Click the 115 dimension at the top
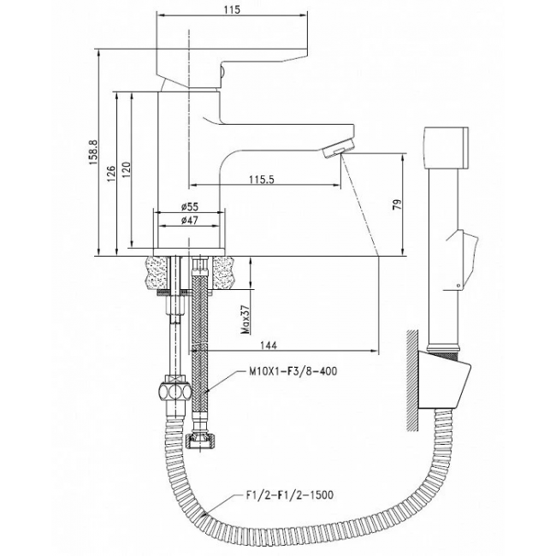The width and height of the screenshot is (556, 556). coord(232,9)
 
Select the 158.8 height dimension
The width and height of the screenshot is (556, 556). coord(93,151)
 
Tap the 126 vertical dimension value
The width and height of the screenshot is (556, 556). coord(111,174)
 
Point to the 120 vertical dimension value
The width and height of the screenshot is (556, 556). coord(127,170)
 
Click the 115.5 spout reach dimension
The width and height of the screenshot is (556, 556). coord(262,180)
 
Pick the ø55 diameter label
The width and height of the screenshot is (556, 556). coord(190,206)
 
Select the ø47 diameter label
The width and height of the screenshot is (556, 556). coord(190,221)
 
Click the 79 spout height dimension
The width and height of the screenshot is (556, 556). coord(398,204)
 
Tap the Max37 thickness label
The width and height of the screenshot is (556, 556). coord(245,320)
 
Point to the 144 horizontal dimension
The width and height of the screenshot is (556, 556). coord(269,345)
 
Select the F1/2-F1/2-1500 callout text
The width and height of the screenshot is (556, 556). coord(290,494)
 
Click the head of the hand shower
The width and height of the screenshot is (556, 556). coord(446,147)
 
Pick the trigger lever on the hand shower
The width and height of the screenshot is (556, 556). coord(466,259)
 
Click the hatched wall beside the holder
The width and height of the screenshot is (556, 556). coord(412,381)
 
